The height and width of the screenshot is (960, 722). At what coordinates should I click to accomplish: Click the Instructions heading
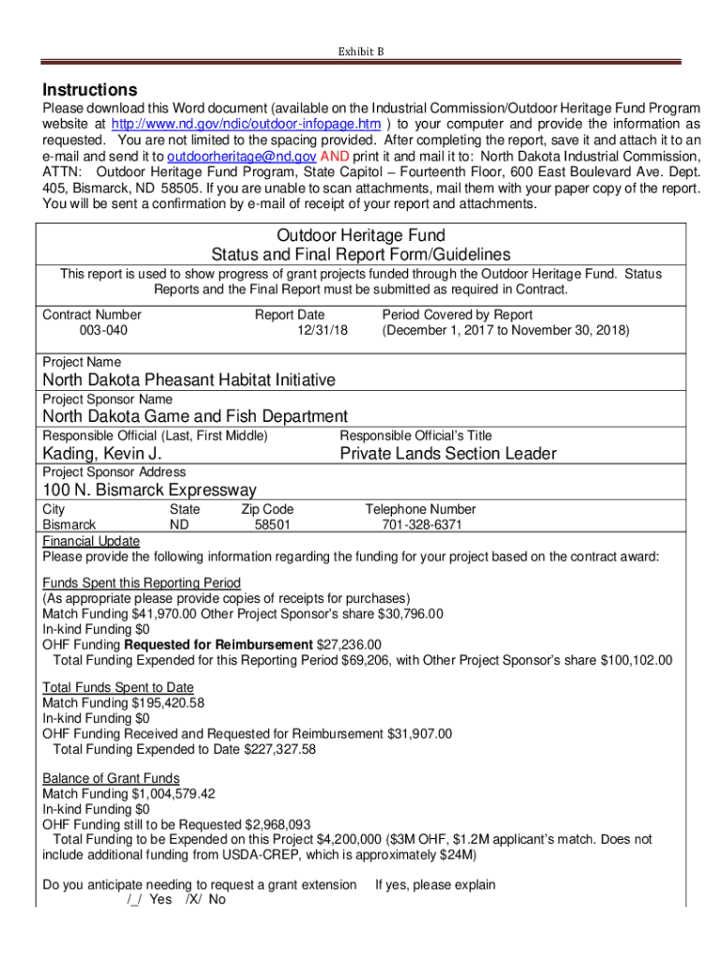90,91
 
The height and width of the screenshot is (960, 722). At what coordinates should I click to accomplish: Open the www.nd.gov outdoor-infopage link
246,125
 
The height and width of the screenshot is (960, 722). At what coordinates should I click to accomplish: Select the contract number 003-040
104,331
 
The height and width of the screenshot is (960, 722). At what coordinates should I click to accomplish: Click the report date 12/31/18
323,331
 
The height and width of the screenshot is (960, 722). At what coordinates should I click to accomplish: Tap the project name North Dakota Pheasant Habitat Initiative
188,380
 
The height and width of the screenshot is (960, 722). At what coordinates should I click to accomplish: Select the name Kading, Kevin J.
102,454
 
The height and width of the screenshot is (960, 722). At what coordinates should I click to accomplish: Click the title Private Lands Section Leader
448,454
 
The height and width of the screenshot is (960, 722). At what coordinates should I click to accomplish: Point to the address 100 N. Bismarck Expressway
149,490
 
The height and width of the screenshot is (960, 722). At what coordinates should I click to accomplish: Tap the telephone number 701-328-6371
422,525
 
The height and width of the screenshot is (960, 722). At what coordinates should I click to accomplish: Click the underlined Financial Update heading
91,541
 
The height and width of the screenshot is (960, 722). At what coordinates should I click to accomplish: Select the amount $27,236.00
350,644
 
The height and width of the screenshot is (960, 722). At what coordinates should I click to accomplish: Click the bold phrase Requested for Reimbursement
219,644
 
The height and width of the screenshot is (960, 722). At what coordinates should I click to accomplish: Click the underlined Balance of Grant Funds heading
111,778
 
